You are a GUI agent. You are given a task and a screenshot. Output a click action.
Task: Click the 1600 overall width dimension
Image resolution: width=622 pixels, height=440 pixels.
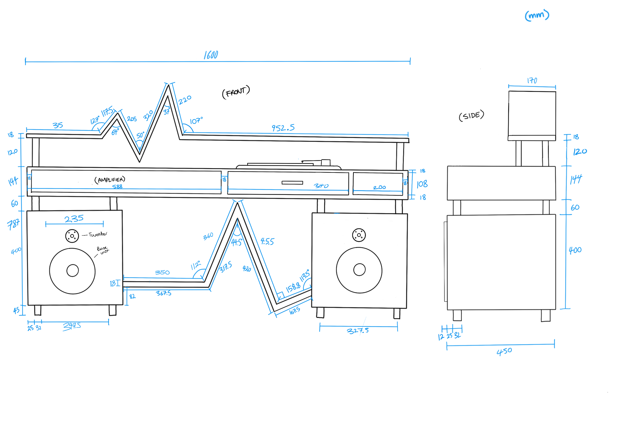tap(211, 55)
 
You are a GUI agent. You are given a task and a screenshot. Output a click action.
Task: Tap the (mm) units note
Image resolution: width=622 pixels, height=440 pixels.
tap(537, 15)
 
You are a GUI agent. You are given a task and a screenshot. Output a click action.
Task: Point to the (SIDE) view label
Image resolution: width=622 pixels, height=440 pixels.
tap(471, 116)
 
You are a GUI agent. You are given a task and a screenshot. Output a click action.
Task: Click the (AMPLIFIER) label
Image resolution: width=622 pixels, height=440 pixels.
tap(110, 180)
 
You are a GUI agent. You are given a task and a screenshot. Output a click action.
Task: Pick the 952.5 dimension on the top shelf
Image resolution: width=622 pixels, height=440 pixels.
tap(283, 128)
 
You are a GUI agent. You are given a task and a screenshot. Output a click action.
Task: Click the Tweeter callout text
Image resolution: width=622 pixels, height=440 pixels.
tap(98, 234)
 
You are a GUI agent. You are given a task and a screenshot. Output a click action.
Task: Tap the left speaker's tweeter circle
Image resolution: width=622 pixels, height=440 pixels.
tap(72, 236)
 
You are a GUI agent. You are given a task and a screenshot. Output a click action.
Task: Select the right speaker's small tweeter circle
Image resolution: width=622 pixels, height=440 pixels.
tap(359, 235)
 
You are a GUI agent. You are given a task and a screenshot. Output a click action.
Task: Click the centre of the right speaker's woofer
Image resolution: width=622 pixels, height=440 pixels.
tap(359, 270)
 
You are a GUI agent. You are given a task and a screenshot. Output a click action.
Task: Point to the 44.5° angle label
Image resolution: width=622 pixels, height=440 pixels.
tap(236, 242)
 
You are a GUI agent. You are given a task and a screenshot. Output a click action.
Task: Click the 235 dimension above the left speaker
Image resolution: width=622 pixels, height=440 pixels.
tap(74, 219)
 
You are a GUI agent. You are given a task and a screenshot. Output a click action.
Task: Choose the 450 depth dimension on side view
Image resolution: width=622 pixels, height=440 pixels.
tap(504, 351)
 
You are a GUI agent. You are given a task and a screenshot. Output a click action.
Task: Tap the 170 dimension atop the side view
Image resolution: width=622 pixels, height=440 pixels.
tap(532, 80)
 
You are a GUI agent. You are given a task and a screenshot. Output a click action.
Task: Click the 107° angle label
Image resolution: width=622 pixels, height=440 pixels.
tap(196, 121)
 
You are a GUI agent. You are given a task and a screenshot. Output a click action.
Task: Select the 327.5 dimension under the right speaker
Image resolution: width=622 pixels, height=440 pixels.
tap(358, 331)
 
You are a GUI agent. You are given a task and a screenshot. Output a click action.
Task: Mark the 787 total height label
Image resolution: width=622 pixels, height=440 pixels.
tap(13, 224)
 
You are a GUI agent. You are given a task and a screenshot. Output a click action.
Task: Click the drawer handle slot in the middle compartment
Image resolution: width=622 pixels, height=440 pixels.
tap(292, 183)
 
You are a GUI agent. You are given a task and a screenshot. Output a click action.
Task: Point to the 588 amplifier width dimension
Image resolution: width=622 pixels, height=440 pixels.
tap(117, 186)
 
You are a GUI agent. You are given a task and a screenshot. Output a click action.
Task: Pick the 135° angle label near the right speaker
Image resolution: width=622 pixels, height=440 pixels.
tap(305, 275)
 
